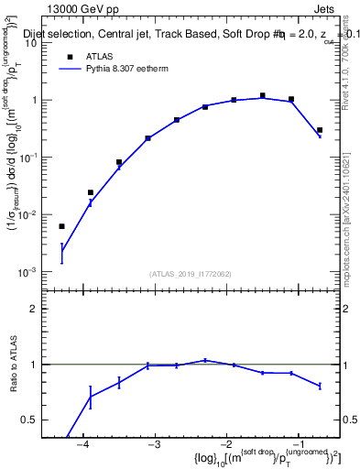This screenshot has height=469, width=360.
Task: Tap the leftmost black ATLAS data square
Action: pos(62,226)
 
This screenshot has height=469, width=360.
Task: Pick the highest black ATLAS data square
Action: pos(262,95)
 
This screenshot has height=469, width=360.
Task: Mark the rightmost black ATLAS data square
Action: pos(319,130)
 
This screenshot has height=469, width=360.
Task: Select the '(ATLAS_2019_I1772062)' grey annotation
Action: pos(191,274)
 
